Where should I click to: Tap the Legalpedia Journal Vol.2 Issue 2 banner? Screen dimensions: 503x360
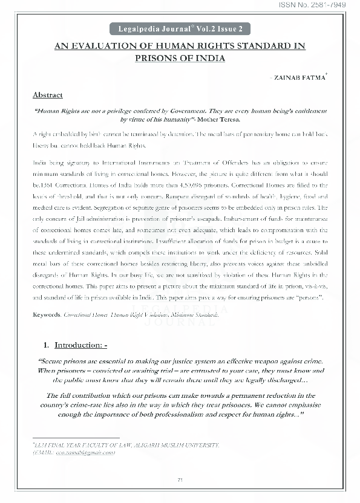pos(180,29)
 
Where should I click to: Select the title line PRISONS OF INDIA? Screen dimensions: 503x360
pos(180,58)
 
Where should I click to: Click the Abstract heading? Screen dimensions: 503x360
pos(47,96)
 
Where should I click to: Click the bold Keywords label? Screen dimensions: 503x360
pos(45,314)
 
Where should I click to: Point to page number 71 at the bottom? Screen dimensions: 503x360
pos(180,480)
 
